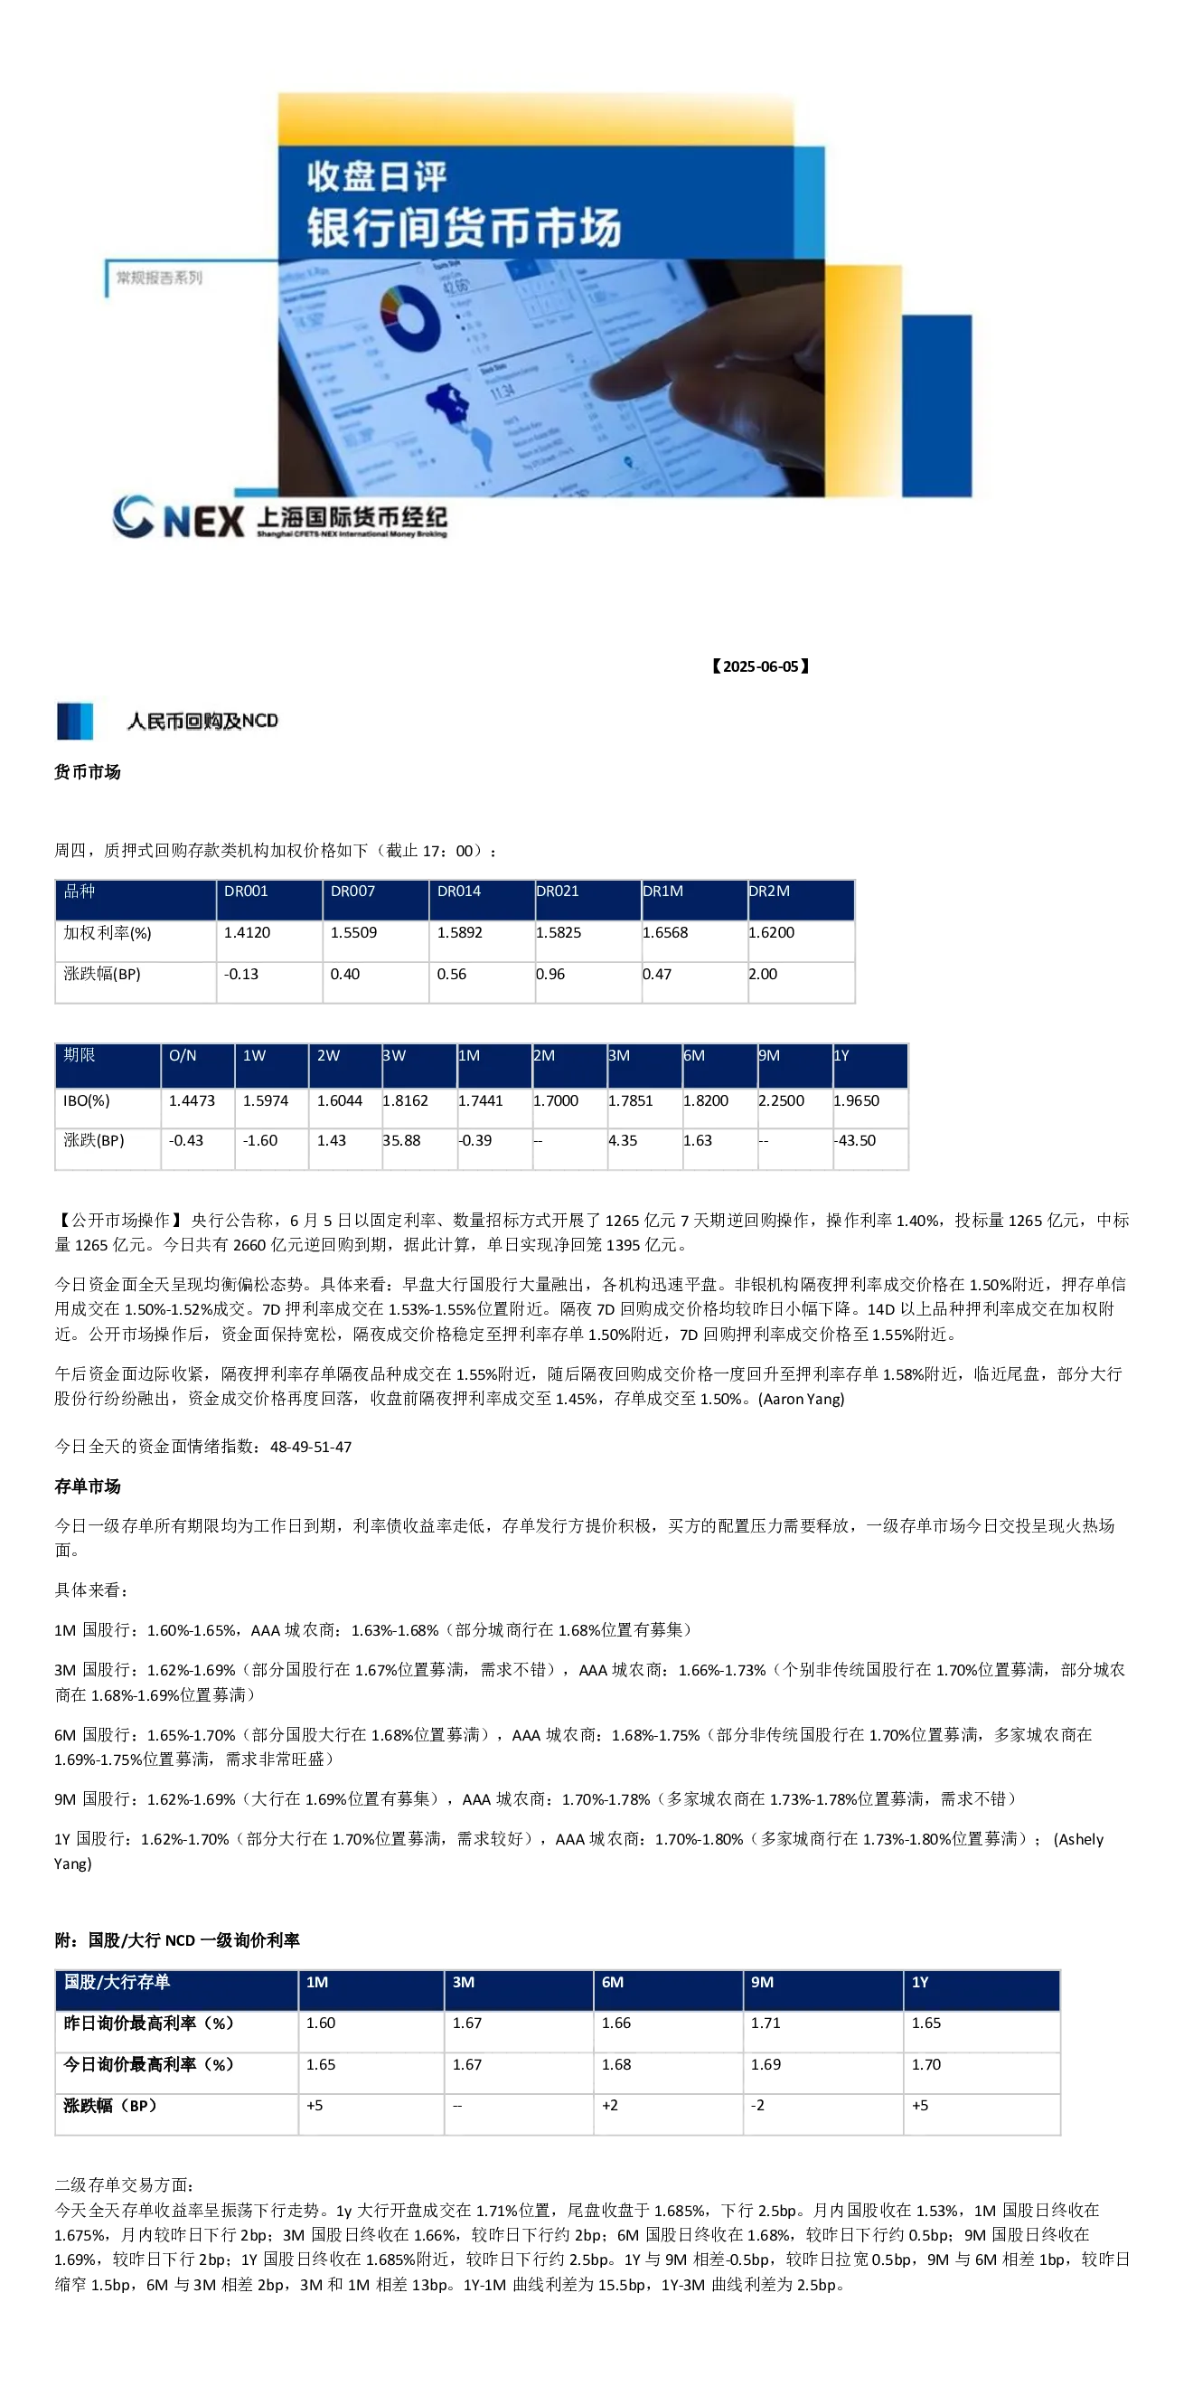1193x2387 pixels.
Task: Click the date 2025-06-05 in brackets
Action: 760,666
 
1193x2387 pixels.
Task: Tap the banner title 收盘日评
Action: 377,176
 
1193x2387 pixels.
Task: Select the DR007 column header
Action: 352,891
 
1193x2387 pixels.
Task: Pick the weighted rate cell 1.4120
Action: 248,932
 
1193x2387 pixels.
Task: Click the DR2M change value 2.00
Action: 763,974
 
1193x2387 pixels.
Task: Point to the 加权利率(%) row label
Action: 108,932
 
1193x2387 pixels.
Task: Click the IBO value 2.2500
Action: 782,1101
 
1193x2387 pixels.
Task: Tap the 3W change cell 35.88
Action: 402,1141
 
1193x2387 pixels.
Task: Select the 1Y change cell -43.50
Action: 854,1141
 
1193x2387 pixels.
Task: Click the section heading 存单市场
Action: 87,1486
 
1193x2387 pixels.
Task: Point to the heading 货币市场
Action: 87,772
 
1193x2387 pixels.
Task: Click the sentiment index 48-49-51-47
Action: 311,1447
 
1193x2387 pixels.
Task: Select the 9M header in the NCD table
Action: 762,1982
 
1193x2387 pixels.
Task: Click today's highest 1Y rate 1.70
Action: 926,2064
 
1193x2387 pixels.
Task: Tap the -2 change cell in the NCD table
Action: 757,2105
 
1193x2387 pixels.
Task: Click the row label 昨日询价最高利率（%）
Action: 148,2023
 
